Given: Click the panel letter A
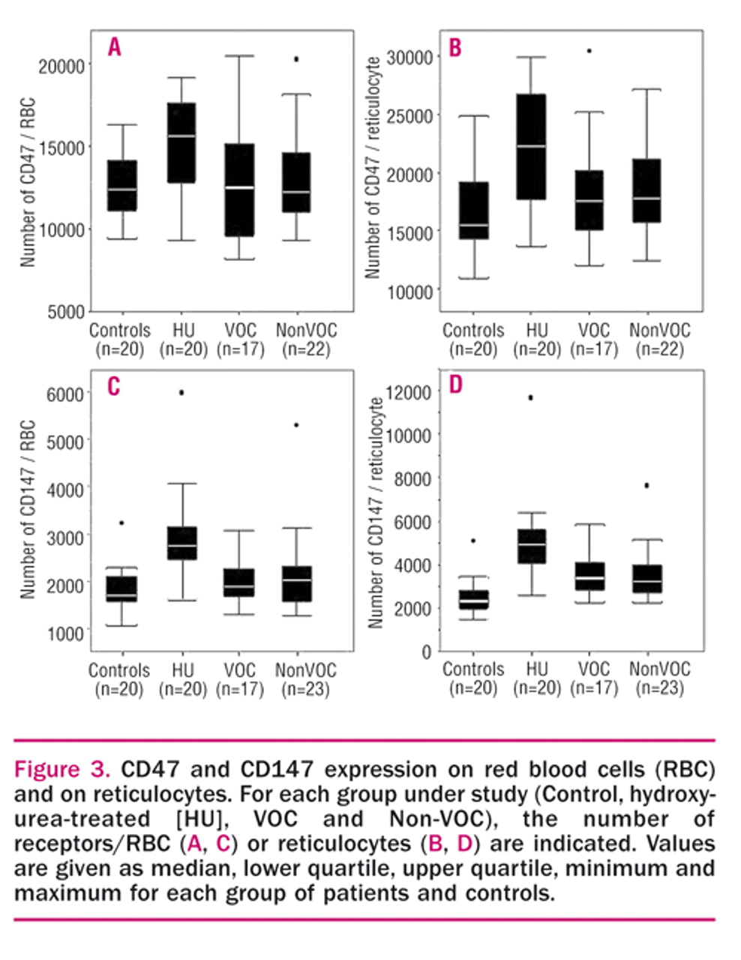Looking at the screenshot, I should coord(114,47).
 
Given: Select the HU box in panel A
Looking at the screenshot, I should coord(181,142).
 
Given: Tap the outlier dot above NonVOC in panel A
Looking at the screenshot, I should coord(296,58).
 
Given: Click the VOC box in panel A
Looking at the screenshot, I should coord(240,190).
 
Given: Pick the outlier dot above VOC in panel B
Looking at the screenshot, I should coord(589,51).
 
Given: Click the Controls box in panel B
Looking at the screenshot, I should coord(473,211).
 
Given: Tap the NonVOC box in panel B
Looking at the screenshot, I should coord(646,190).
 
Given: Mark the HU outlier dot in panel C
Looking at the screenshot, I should coord(181,392).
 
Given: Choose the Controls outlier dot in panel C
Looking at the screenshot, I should coord(121,523).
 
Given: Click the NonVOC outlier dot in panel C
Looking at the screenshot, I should coord(296,424).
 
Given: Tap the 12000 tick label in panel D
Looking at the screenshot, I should coord(411,392).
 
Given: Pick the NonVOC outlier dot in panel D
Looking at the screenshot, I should coord(646,486).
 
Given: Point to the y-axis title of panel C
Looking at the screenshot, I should coord(28,510).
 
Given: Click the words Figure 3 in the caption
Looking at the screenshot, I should coord(62,769).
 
